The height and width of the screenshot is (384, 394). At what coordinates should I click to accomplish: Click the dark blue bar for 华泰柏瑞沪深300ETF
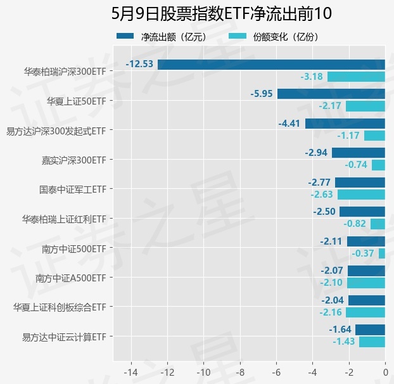point(271,64)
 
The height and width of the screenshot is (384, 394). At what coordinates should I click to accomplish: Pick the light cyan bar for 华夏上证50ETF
point(365,106)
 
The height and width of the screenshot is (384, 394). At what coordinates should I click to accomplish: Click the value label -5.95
point(262,94)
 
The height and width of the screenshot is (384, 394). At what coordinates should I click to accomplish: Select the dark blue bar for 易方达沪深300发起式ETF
point(345,124)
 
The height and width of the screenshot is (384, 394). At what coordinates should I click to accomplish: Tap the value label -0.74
point(356,165)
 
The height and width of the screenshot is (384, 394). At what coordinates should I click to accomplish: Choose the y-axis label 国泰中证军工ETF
point(72,189)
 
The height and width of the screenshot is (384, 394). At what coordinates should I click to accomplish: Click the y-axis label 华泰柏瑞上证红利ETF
point(63,219)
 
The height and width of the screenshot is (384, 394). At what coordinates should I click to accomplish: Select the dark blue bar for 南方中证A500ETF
point(366,271)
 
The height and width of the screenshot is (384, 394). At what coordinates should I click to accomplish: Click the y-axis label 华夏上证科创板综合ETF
point(59,307)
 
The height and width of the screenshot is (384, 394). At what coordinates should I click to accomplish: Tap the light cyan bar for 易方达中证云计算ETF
point(372,342)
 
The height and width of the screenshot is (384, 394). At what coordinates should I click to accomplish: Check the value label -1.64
point(340,330)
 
